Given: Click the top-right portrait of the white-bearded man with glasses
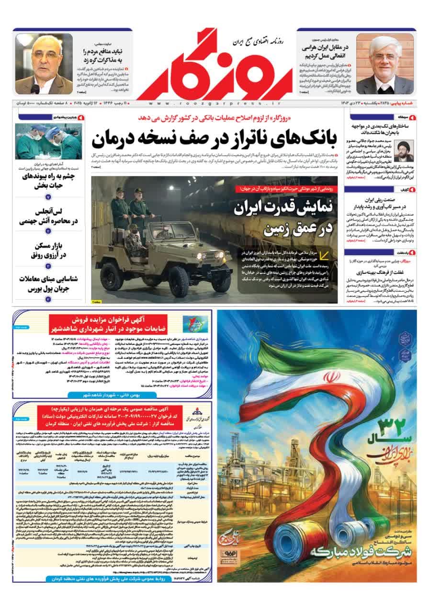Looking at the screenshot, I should click(x=385, y=63).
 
